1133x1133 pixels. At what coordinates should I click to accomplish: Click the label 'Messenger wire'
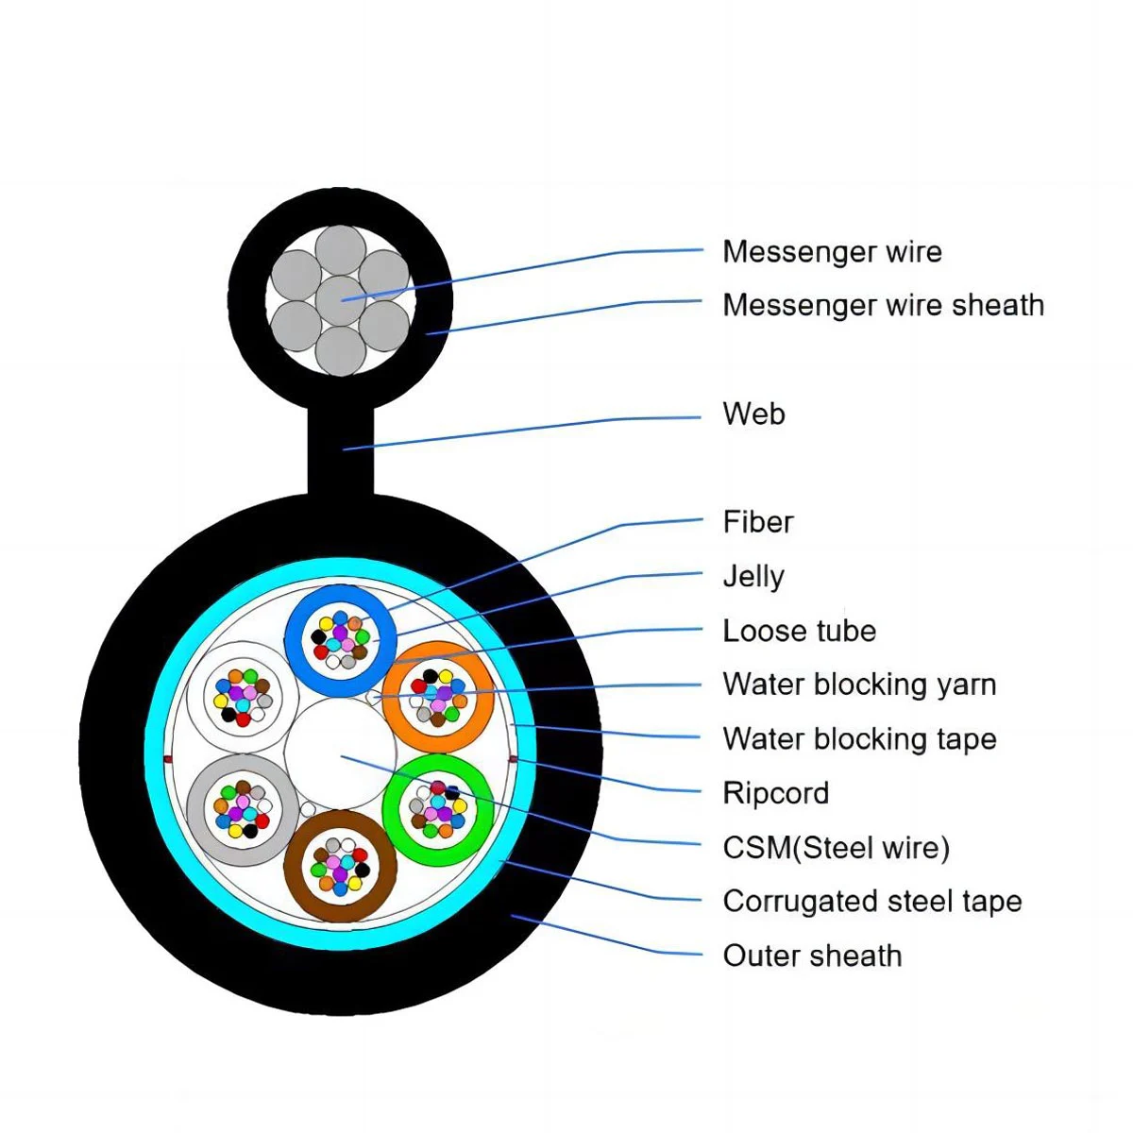pos(832,252)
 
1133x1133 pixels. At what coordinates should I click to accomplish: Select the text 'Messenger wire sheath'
pos(883,305)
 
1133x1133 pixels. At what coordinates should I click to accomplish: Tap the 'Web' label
pos(753,414)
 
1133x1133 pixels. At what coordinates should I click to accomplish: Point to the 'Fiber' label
pos(758,521)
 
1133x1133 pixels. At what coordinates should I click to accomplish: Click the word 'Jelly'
pos(753,576)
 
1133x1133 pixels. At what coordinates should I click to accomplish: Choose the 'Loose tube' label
pos(799,631)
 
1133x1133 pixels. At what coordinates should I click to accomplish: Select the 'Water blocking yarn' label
pos(859,685)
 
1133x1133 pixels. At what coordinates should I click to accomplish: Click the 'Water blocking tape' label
pos(859,738)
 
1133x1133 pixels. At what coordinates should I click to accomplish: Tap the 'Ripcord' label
pos(775,793)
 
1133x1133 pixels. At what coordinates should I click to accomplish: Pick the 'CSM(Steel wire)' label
pos(836,847)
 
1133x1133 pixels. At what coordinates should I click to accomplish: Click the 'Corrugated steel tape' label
pos(871,901)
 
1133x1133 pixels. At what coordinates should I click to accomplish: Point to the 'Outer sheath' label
pos(812,955)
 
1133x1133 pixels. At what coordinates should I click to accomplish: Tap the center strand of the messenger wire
pos(340,300)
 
